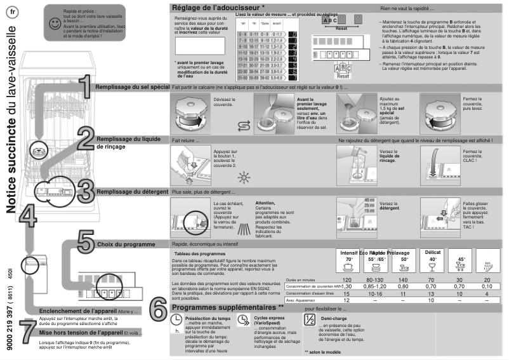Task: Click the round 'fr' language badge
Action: (13, 13)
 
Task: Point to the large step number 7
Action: (27, 329)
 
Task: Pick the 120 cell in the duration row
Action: (347, 279)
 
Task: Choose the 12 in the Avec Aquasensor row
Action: (347, 300)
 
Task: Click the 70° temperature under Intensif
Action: (348, 259)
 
